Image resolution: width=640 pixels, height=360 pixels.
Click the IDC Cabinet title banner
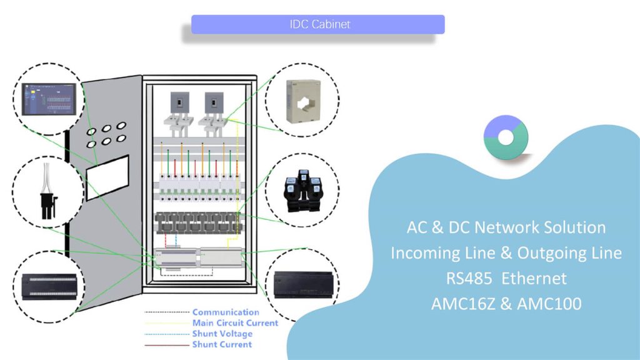pyautogui.click(x=317, y=24)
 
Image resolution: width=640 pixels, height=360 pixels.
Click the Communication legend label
pyautogui.click(x=225, y=312)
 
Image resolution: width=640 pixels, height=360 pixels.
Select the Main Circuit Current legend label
pyautogui.click(x=235, y=323)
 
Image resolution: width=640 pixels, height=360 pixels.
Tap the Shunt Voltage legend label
pyautogui.click(x=222, y=334)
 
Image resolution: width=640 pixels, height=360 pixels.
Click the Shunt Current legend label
pyautogui.click(x=222, y=344)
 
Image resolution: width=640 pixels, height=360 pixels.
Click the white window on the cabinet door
pyautogui.click(x=107, y=177)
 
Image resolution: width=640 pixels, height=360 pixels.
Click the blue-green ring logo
pyautogui.click(x=506, y=137)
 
